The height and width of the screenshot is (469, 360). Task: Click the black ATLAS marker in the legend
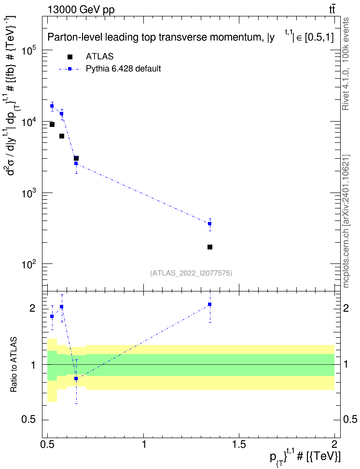pos(69,56)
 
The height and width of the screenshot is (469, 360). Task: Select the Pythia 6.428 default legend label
pos(123,69)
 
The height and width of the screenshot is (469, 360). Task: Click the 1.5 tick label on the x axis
pos(239,444)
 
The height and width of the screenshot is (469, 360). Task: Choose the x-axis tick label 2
pos(334,444)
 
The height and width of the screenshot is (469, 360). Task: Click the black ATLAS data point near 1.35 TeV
pos(210,247)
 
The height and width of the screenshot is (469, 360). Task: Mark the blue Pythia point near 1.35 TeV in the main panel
pos(210,223)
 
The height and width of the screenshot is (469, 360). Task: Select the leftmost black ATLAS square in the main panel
pos(52,124)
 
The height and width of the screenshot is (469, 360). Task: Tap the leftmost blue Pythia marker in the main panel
pos(52,106)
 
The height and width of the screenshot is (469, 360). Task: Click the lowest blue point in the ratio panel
pos(76,378)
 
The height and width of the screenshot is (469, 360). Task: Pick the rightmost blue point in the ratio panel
pos(210,304)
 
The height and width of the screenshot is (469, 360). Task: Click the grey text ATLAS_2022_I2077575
pos(191,273)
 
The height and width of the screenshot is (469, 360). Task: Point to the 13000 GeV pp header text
pos(81,10)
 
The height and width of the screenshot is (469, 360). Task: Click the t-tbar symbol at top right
pos(332,10)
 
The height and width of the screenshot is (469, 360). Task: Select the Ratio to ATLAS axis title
pos(14,365)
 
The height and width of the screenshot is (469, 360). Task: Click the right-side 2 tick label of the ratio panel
pos(346,308)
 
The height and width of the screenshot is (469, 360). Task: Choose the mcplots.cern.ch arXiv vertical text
pos(346,221)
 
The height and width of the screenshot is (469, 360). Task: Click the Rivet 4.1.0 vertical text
pos(346,64)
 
